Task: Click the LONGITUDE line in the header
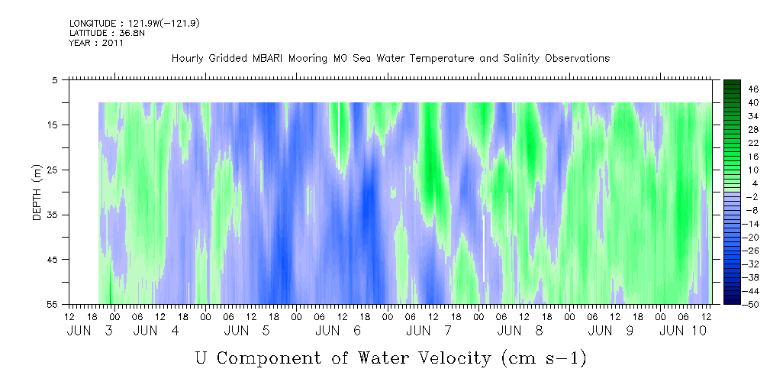(134, 24)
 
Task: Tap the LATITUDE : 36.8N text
(107, 33)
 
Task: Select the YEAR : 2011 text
(96, 43)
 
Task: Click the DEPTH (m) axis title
(38, 192)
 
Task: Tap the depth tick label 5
(54, 80)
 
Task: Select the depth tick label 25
(51, 170)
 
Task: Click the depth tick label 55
(51, 304)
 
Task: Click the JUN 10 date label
(683, 331)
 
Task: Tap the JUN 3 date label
(90, 331)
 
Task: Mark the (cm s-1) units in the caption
(544, 358)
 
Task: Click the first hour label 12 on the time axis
(69, 317)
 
